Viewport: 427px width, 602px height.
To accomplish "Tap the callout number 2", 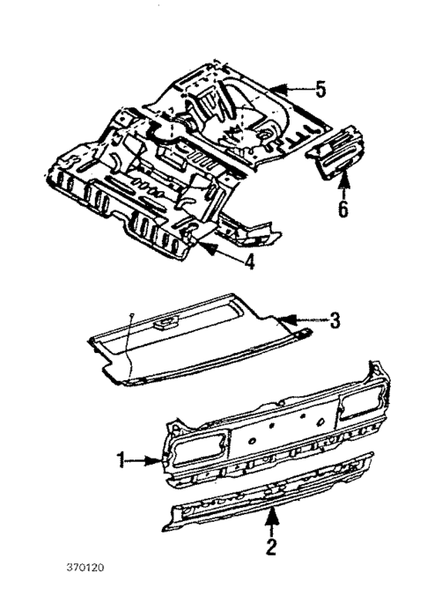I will pos(272,547).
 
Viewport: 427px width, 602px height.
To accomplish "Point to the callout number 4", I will pos(250,261).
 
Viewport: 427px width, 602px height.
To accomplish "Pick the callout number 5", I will pos(320,89).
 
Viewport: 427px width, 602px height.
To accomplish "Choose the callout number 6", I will pos(343,209).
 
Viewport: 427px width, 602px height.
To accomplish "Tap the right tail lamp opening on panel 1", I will pos(359,405).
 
